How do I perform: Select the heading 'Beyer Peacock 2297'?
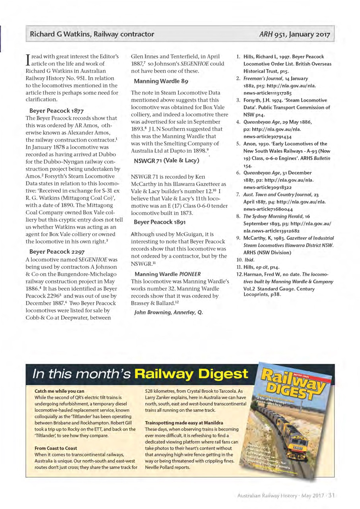tap(56, 251)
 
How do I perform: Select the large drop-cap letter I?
tap(28, 60)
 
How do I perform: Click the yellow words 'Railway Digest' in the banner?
tap(191, 374)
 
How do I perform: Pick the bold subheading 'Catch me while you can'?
tap(60, 391)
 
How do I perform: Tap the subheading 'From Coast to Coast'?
tap(56, 448)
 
